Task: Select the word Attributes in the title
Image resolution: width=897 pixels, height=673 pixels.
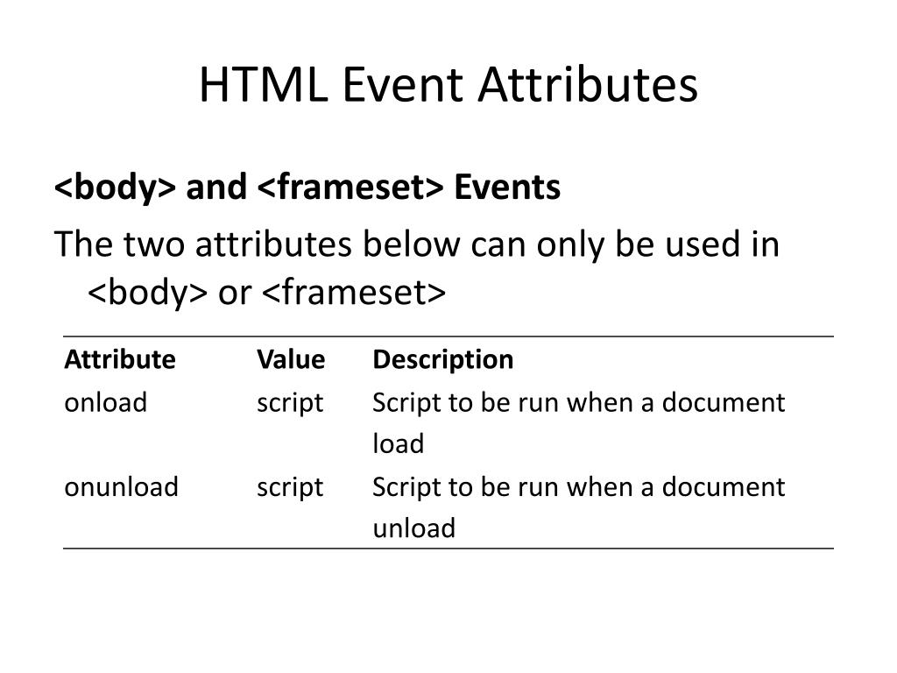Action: pyautogui.click(x=587, y=86)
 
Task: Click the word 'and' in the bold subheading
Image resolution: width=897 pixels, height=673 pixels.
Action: pyautogui.click(x=216, y=188)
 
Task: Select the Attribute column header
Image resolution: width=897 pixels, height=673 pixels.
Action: pyautogui.click(x=119, y=359)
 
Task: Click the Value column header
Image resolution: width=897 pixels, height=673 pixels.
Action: pyautogui.click(x=291, y=359)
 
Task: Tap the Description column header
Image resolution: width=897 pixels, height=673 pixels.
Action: pyautogui.click(x=442, y=359)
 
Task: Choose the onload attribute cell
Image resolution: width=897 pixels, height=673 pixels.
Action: pyautogui.click(x=105, y=402)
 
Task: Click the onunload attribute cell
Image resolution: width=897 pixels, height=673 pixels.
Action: pyautogui.click(x=121, y=486)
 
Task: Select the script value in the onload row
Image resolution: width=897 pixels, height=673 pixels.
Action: pyautogui.click(x=290, y=402)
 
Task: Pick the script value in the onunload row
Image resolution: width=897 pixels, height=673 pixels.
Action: pyautogui.click(x=290, y=486)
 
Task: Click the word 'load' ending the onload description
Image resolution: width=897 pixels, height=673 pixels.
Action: pyautogui.click(x=398, y=444)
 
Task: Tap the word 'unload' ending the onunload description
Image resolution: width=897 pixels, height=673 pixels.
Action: pyautogui.click(x=413, y=528)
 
